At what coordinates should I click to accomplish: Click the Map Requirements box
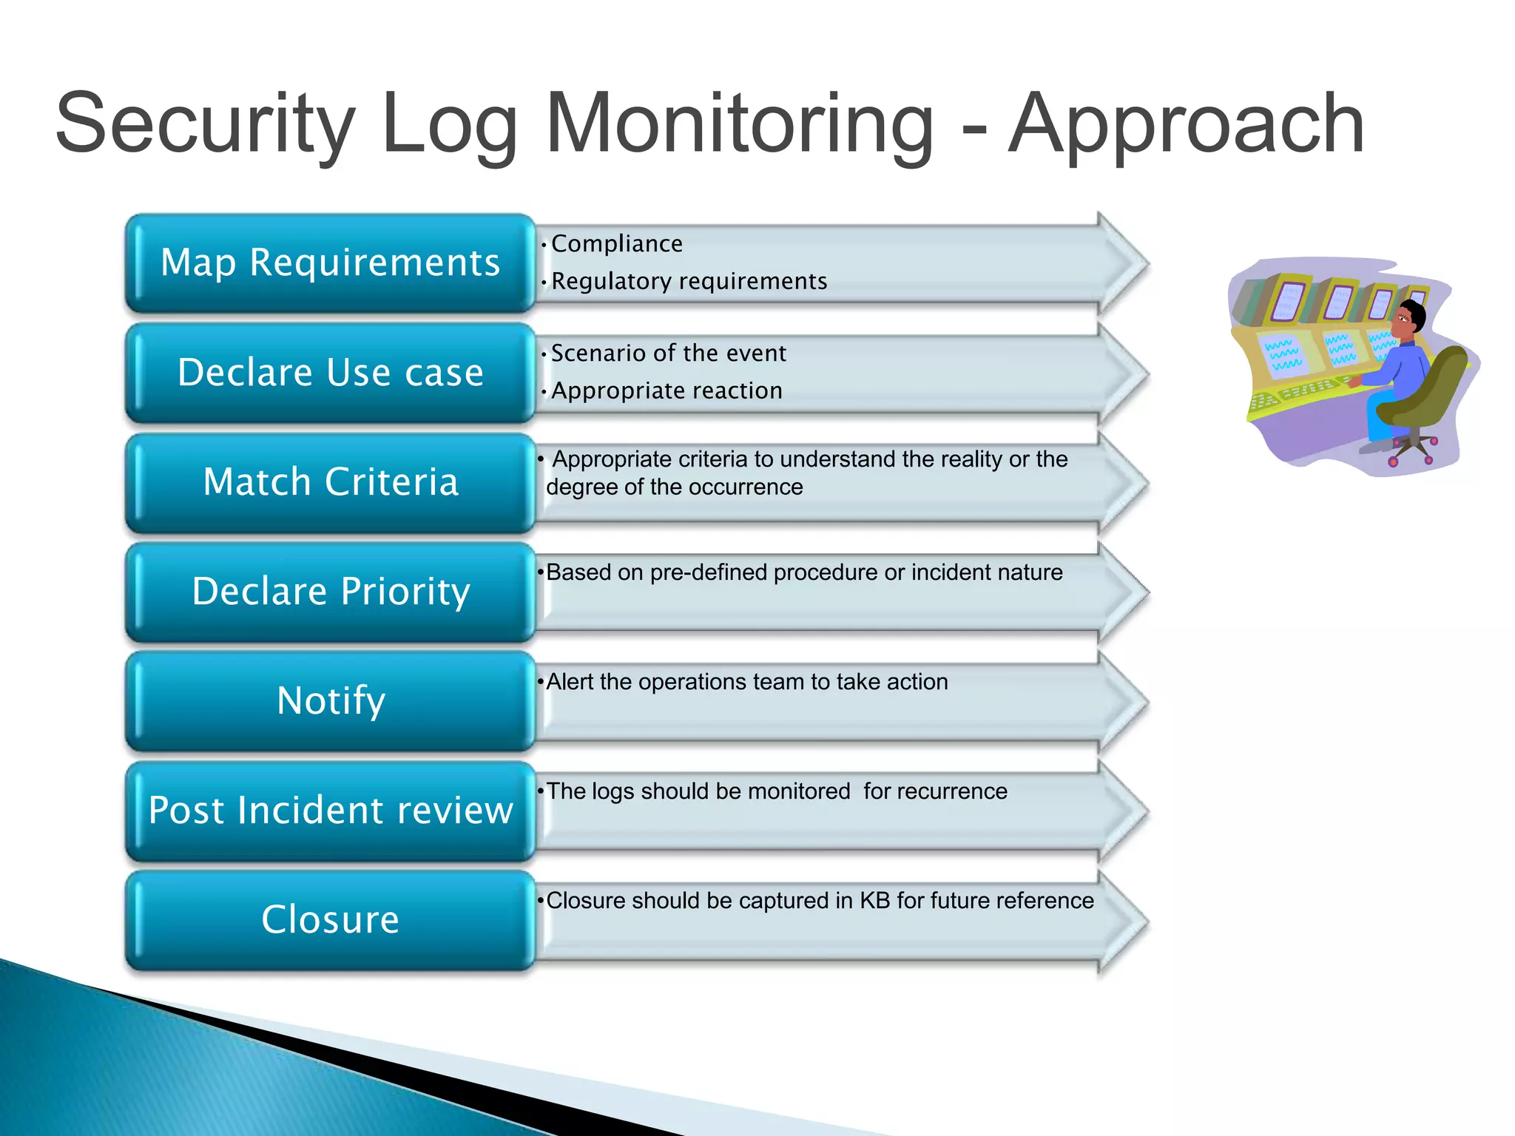pyautogui.click(x=330, y=263)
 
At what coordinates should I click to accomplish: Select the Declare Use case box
pyautogui.click(x=330, y=373)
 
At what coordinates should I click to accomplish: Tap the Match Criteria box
pyautogui.click(x=330, y=482)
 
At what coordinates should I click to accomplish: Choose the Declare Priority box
pyautogui.click(x=330, y=592)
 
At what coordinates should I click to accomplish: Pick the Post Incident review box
pyautogui.click(x=330, y=811)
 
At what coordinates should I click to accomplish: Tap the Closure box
pyautogui.click(x=330, y=920)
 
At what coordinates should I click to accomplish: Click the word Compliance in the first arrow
pyautogui.click(x=616, y=244)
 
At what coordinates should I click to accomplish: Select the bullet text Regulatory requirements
pyautogui.click(x=689, y=282)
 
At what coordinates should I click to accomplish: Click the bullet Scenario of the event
pyautogui.click(x=668, y=354)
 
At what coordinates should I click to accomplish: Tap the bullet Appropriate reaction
pyautogui.click(x=666, y=391)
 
